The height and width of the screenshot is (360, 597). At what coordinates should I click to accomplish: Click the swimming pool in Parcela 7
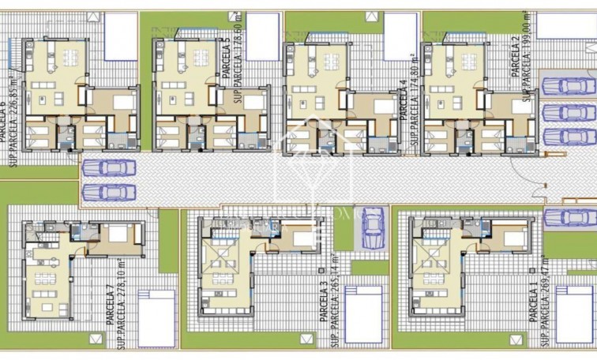[156, 317]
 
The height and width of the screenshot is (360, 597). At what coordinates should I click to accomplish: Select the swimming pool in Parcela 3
[362, 313]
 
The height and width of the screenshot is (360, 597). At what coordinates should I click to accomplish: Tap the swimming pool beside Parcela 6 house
[121, 36]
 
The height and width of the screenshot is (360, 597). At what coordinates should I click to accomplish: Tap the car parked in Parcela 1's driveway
[570, 218]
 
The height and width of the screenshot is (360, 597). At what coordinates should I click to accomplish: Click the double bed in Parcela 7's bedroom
[119, 234]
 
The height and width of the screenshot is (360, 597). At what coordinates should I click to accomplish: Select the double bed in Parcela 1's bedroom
[514, 238]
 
